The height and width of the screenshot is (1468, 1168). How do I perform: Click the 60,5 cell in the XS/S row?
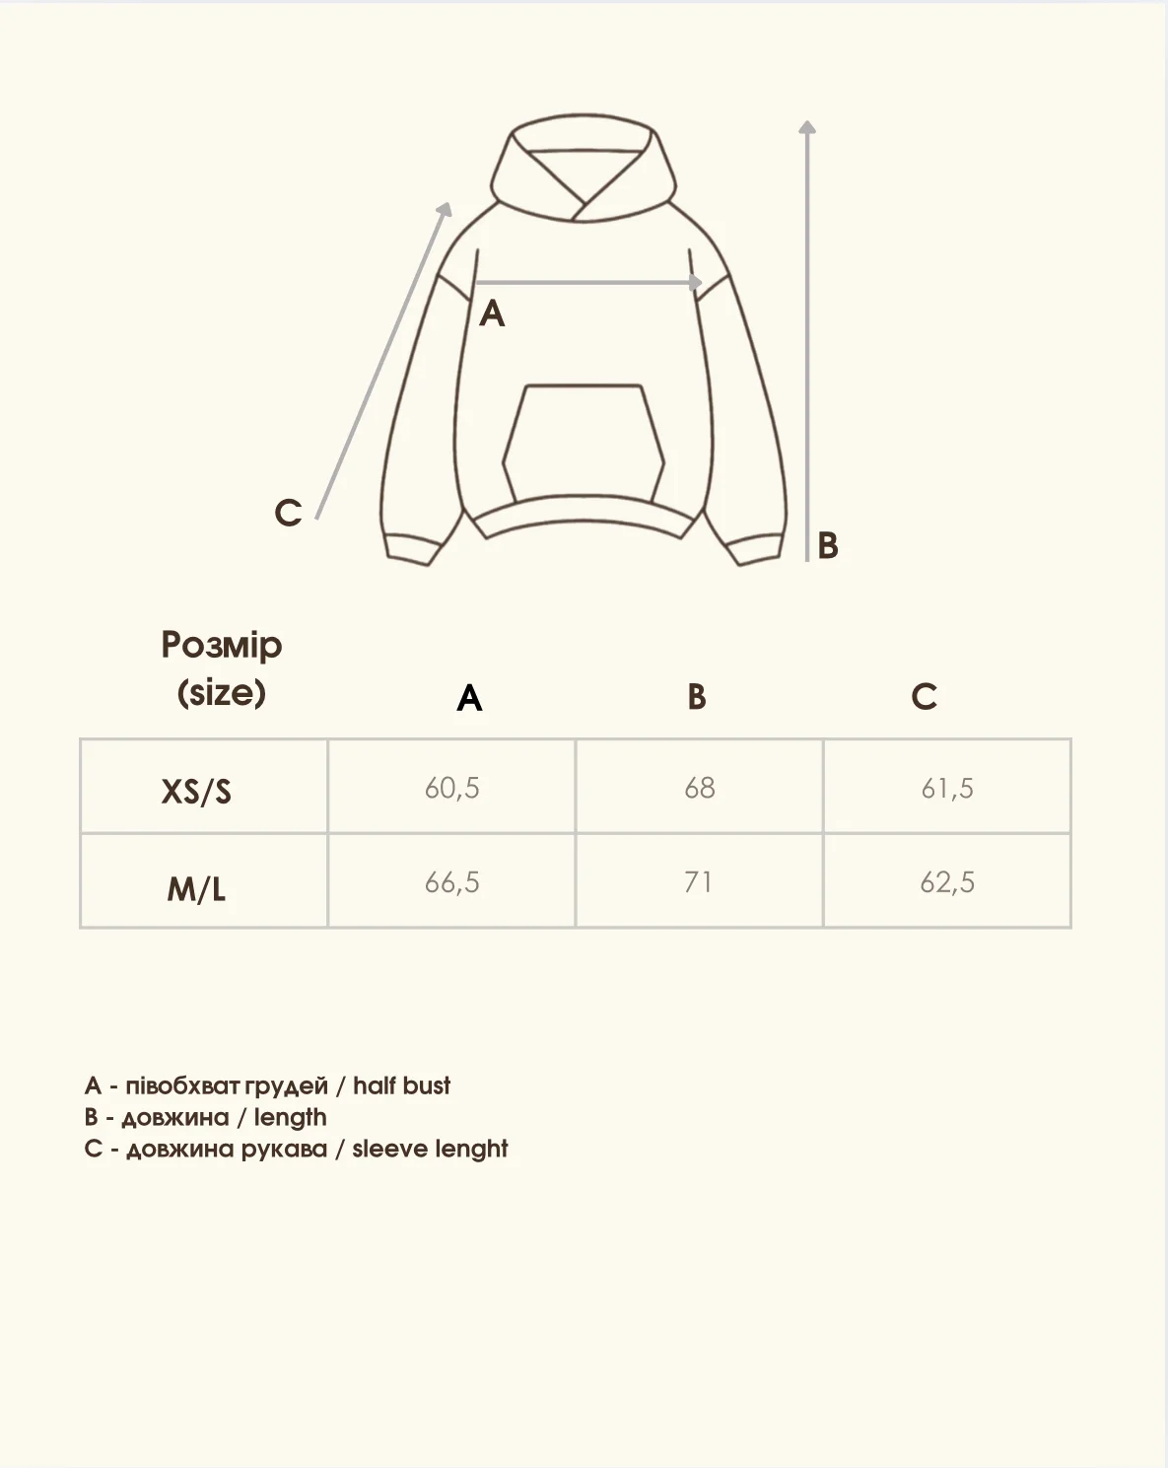(x=452, y=788)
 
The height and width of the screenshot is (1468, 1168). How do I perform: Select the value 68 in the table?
(x=699, y=788)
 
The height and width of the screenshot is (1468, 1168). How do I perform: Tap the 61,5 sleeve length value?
(x=947, y=788)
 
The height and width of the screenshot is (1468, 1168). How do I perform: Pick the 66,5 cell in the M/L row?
(x=452, y=882)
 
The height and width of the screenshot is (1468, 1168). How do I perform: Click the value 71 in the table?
(x=699, y=882)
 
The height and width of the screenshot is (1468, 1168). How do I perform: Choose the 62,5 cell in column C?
(x=947, y=882)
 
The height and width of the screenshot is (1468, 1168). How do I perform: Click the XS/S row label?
(x=196, y=792)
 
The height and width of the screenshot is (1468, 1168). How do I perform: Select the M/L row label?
(x=196, y=889)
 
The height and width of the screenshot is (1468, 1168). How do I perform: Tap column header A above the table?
(x=469, y=698)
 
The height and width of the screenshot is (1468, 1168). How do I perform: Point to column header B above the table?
(x=697, y=697)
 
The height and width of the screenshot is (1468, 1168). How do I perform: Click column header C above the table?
(x=924, y=697)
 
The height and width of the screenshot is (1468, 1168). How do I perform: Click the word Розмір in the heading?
(x=222, y=645)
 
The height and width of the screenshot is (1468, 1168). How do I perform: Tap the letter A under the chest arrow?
(x=492, y=314)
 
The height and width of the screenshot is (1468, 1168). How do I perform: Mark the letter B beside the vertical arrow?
(x=828, y=545)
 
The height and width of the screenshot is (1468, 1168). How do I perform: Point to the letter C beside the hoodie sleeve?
(x=288, y=513)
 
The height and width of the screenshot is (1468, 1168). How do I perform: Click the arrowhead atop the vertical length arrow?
(x=807, y=127)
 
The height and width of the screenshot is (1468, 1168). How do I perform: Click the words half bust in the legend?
(x=401, y=1085)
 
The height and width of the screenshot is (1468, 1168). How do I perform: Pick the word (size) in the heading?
(x=222, y=692)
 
